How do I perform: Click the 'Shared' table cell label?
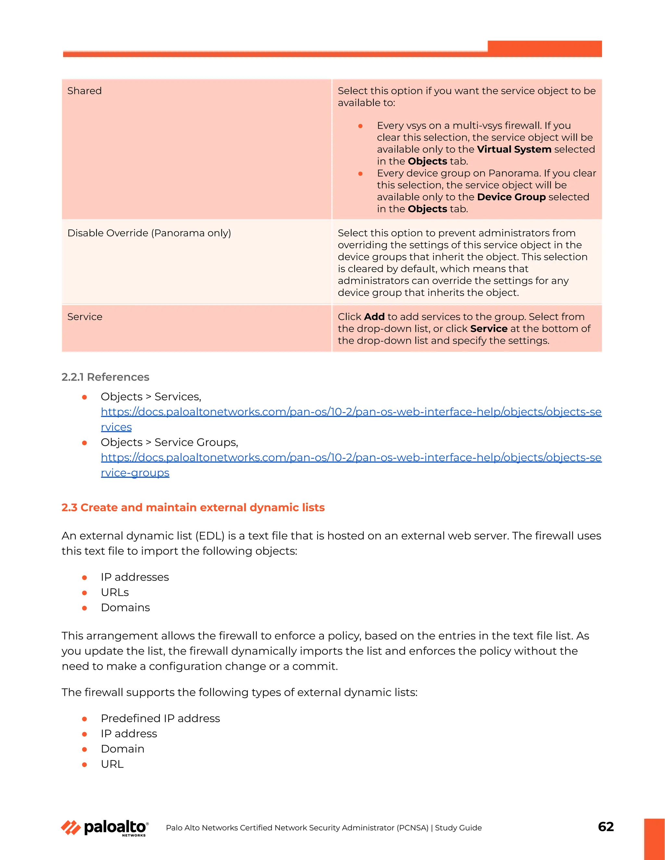click(x=84, y=91)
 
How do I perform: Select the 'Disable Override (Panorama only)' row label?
click(x=149, y=233)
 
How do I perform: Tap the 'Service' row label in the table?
click(x=85, y=317)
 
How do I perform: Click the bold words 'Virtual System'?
click(x=514, y=150)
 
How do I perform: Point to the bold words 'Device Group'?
click(x=511, y=197)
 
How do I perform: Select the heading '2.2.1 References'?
click(x=105, y=377)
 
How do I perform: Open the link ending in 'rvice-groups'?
click(x=135, y=473)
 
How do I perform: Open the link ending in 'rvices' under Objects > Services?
click(x=116, y=427)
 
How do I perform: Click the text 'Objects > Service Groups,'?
click(x=169, y=443)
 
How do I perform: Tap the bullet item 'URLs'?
click(x=115, y=593)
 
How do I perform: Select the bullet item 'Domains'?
click(x=125, y=608)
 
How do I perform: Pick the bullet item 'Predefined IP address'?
click(x=160, y=719)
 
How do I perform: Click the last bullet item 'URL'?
click(x=112, y=764)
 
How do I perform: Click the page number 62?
click(x=606, y=827)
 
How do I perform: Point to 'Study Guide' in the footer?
click(x=458, y=828)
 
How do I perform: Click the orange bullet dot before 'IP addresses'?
click(x=84, y=578)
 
